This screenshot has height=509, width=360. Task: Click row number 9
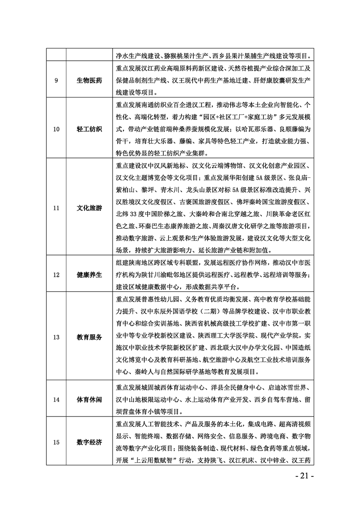[x=56, y=81]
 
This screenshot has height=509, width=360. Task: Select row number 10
[x=56, y=129]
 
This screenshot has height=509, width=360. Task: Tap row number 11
[x=56, y=208]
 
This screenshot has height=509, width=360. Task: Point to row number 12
[x=56, y=274]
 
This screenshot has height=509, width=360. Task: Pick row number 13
[x=56, y=337]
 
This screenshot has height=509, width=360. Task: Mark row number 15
[x=56, y=442]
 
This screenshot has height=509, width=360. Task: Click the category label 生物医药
[x=89, y=81]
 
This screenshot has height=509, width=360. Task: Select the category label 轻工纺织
[x=89, y=129]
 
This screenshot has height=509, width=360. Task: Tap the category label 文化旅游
[x=89, y=208]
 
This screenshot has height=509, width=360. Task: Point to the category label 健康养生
[x=89, y=274]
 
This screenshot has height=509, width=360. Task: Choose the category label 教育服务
[x=89, y=337]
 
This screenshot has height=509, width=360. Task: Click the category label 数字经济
[x=89, y=442]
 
